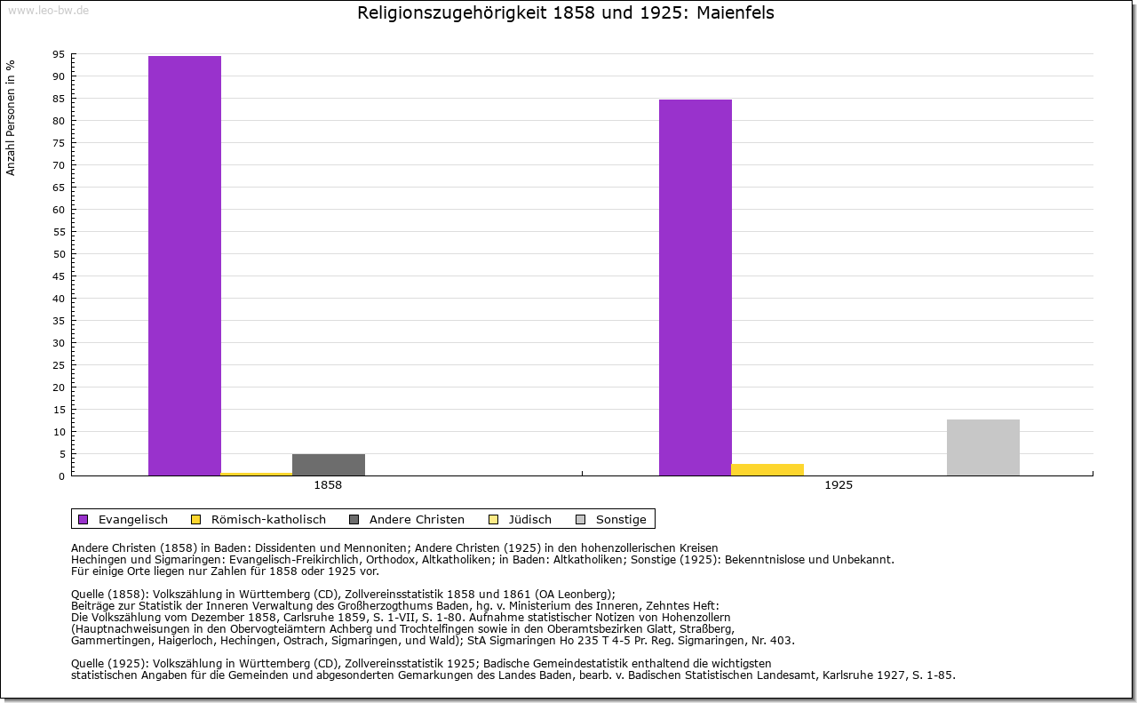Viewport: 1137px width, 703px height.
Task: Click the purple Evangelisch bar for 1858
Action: [185, 266]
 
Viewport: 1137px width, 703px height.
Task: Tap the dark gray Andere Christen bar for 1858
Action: [329, 465]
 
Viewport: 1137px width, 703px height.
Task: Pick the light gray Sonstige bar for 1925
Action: [983, 447]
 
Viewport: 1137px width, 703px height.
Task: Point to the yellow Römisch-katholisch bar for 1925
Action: [767, 469]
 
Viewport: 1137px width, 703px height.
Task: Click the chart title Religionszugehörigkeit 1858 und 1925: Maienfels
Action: [566, 13]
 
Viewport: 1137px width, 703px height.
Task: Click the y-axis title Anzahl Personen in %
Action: [11, 117]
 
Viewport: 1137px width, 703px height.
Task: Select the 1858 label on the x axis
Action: [328, 485]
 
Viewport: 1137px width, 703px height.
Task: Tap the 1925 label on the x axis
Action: [839, 485]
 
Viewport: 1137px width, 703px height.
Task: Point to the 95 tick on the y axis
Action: [59, 54]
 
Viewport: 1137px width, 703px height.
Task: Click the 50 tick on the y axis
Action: [59, 254]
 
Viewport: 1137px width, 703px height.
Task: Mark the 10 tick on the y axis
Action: [59, 432]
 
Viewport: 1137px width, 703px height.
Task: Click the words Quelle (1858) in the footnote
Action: [112, 595]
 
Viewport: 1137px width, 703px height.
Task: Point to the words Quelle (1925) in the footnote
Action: [112, 663]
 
